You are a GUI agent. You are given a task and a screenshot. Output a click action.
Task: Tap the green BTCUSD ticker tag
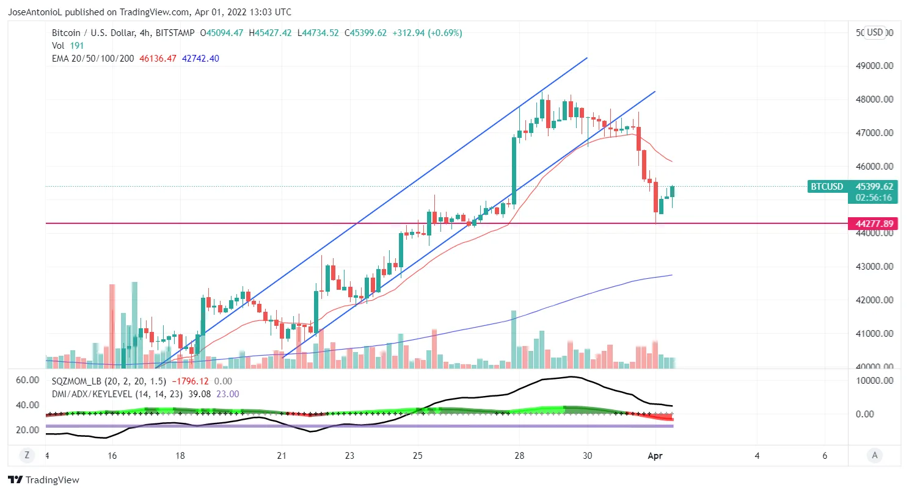[827, 187]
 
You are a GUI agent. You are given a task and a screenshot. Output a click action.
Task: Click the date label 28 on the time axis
[519, 455]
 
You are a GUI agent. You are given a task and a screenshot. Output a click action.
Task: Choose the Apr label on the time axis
[655, 455]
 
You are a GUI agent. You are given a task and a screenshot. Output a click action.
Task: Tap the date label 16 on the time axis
[112, 455]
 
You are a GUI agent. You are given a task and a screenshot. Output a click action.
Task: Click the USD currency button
[875, 32]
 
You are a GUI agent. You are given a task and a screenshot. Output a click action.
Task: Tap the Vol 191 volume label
[68, 46]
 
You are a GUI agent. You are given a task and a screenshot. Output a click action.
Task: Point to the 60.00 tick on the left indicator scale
[27, 380]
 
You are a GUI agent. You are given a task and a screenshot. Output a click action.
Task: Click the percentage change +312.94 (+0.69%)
[426, 33]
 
